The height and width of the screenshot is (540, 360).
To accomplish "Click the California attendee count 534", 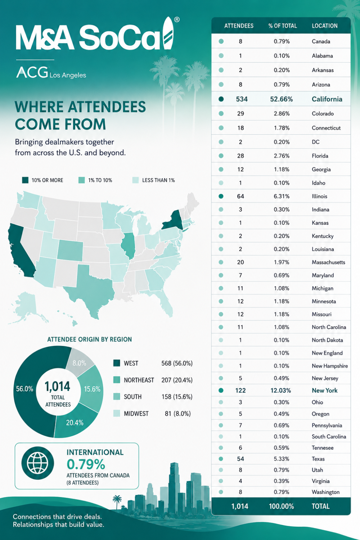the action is pos(242,99).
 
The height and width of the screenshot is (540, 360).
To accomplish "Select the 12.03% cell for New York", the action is pos(281,390).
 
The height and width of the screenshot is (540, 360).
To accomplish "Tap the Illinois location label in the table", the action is pos(319,196).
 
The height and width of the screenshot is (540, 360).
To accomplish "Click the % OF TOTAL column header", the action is pos(283,26).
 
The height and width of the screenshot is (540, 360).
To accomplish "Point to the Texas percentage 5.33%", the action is pos(282,459).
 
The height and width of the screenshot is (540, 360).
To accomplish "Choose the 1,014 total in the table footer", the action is pos(240,506).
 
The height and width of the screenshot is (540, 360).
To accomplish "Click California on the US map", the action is pos(21,251).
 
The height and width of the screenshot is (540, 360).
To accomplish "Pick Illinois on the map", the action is pos(128,245).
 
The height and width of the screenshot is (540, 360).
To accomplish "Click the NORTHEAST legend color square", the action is pos(117,380).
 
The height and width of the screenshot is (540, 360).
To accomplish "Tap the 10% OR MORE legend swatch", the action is pos(25,180).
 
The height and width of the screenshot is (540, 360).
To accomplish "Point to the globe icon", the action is pos(37,463).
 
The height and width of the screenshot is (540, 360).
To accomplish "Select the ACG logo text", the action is pos(32,73).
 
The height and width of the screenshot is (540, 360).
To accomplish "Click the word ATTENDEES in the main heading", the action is pos(107,107).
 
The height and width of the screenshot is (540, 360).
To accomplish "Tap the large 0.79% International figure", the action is pos(86,464).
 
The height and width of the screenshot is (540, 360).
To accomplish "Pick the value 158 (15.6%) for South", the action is pos(177,397).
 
